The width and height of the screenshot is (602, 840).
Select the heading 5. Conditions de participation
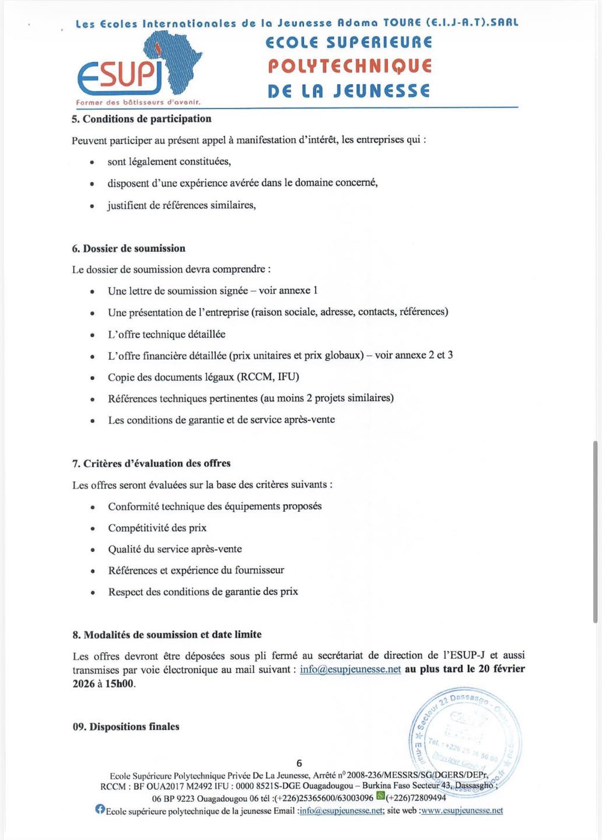pos(141,119)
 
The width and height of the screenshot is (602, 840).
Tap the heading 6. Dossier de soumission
pos(128,249)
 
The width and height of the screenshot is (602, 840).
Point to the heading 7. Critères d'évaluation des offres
pos(151,463)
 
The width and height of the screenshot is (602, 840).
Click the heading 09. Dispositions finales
pos(126,727)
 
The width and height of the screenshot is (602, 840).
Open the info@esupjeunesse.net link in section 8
pos(350,669)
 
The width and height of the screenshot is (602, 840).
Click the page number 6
pos(299,763)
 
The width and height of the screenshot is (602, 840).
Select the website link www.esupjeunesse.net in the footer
pos(461,810)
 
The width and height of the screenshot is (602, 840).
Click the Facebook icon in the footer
pos(100,809)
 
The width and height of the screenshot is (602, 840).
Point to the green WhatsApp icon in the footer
pos(380,796)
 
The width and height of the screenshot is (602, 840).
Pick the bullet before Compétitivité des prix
pos(93,528)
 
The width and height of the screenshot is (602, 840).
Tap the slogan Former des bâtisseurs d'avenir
pos(138,102)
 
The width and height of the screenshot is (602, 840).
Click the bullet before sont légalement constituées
pos(92,163)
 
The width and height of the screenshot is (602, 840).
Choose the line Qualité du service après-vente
pos(174,549)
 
